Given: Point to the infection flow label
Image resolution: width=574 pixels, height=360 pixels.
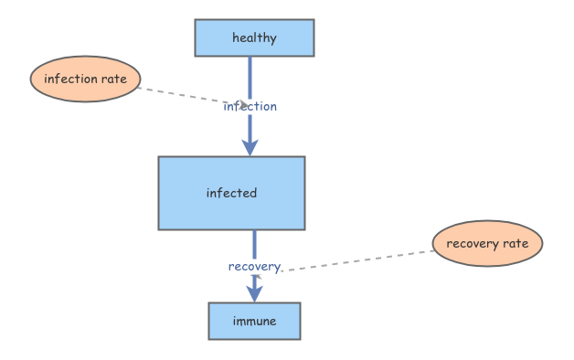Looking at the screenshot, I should point(250,106).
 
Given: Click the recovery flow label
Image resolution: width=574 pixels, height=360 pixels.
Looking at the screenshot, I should point(254,266).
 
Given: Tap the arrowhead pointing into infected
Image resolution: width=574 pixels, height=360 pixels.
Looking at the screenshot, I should point(250,147).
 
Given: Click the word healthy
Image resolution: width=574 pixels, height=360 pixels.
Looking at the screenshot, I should point(254,37).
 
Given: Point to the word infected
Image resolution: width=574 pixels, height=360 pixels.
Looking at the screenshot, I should point(231,193).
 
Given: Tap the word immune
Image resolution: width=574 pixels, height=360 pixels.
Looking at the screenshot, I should point(254,321).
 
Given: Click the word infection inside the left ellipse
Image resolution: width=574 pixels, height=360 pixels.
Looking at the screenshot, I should point(70,79).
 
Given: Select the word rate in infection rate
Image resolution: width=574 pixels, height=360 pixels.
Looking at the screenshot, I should point(113,79).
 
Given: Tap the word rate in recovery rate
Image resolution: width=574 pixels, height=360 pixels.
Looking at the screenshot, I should point(516,244).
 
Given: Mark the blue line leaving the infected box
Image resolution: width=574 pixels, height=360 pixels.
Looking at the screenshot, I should point(254,243).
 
